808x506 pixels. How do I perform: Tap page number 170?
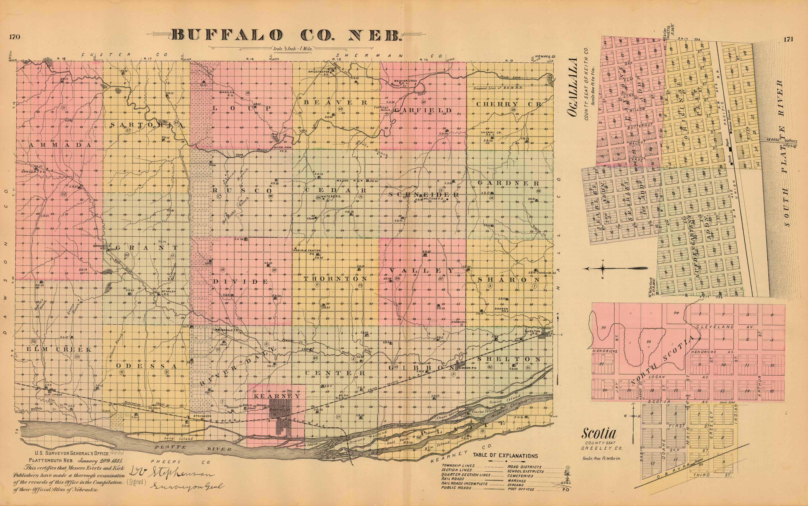tap(15, 37)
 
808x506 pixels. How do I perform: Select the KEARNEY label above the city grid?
tap(277, 396)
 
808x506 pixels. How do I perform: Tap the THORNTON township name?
tap(335, 278)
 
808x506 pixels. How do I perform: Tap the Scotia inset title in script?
tap(599, 434)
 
